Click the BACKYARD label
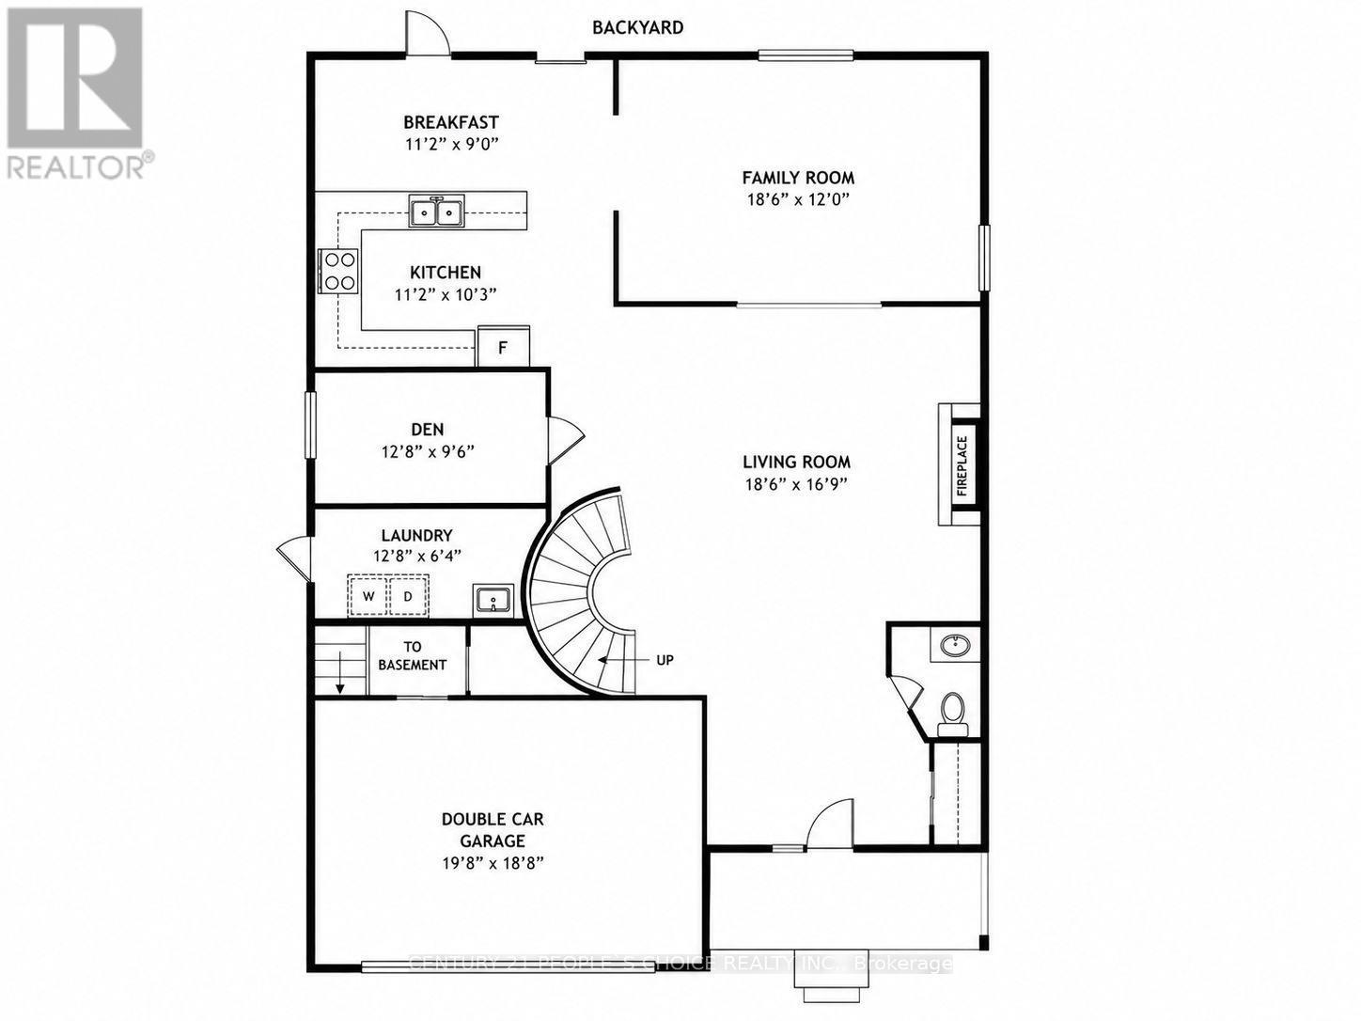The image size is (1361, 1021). [x=637, y=27]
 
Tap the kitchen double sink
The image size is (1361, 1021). [x=436, y=211]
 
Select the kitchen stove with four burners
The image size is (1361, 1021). [x=338, y=270]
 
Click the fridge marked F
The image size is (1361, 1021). [x=503, y=347]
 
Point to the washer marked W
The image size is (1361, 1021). [x=368, y=596]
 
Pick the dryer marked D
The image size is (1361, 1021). [x=408, y=596]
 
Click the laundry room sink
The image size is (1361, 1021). [x=493, y=600]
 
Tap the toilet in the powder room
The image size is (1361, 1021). [x=952, y=714]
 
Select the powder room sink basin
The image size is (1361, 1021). [x=954, y=645]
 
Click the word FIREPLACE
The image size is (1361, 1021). [x=962, y=465]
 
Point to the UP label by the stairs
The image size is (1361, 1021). [x=665, y=660]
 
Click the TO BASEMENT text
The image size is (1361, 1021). [x=413, y=655]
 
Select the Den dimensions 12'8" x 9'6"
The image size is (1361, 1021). [x=428, y=451]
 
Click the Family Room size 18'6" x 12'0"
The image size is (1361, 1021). [x=798, y=199]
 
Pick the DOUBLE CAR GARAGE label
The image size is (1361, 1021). [x=493, y=830]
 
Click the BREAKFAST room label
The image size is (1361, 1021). [x=451, y=122]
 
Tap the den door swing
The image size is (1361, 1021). [x=565, y=440]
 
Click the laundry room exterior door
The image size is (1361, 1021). [x=294, y=558]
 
